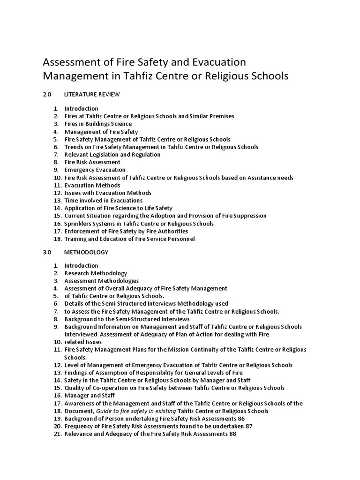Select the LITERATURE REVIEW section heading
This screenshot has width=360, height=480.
pyautogui.click(x=92, y=94)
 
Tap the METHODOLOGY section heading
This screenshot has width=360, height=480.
pyautogui.click(x=86, y=252)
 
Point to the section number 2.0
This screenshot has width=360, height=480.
pyautogui.click(x=47, y=94)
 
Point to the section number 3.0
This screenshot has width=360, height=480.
pyautogui.click(x=47, y=252)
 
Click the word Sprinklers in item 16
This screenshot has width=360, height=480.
pyautogui.click(x=78, y=224)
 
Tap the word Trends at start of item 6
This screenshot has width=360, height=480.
pyautogui.click(x=73, y=147)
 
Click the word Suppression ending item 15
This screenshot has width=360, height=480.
pyautogui.click(x=250, y=216)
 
